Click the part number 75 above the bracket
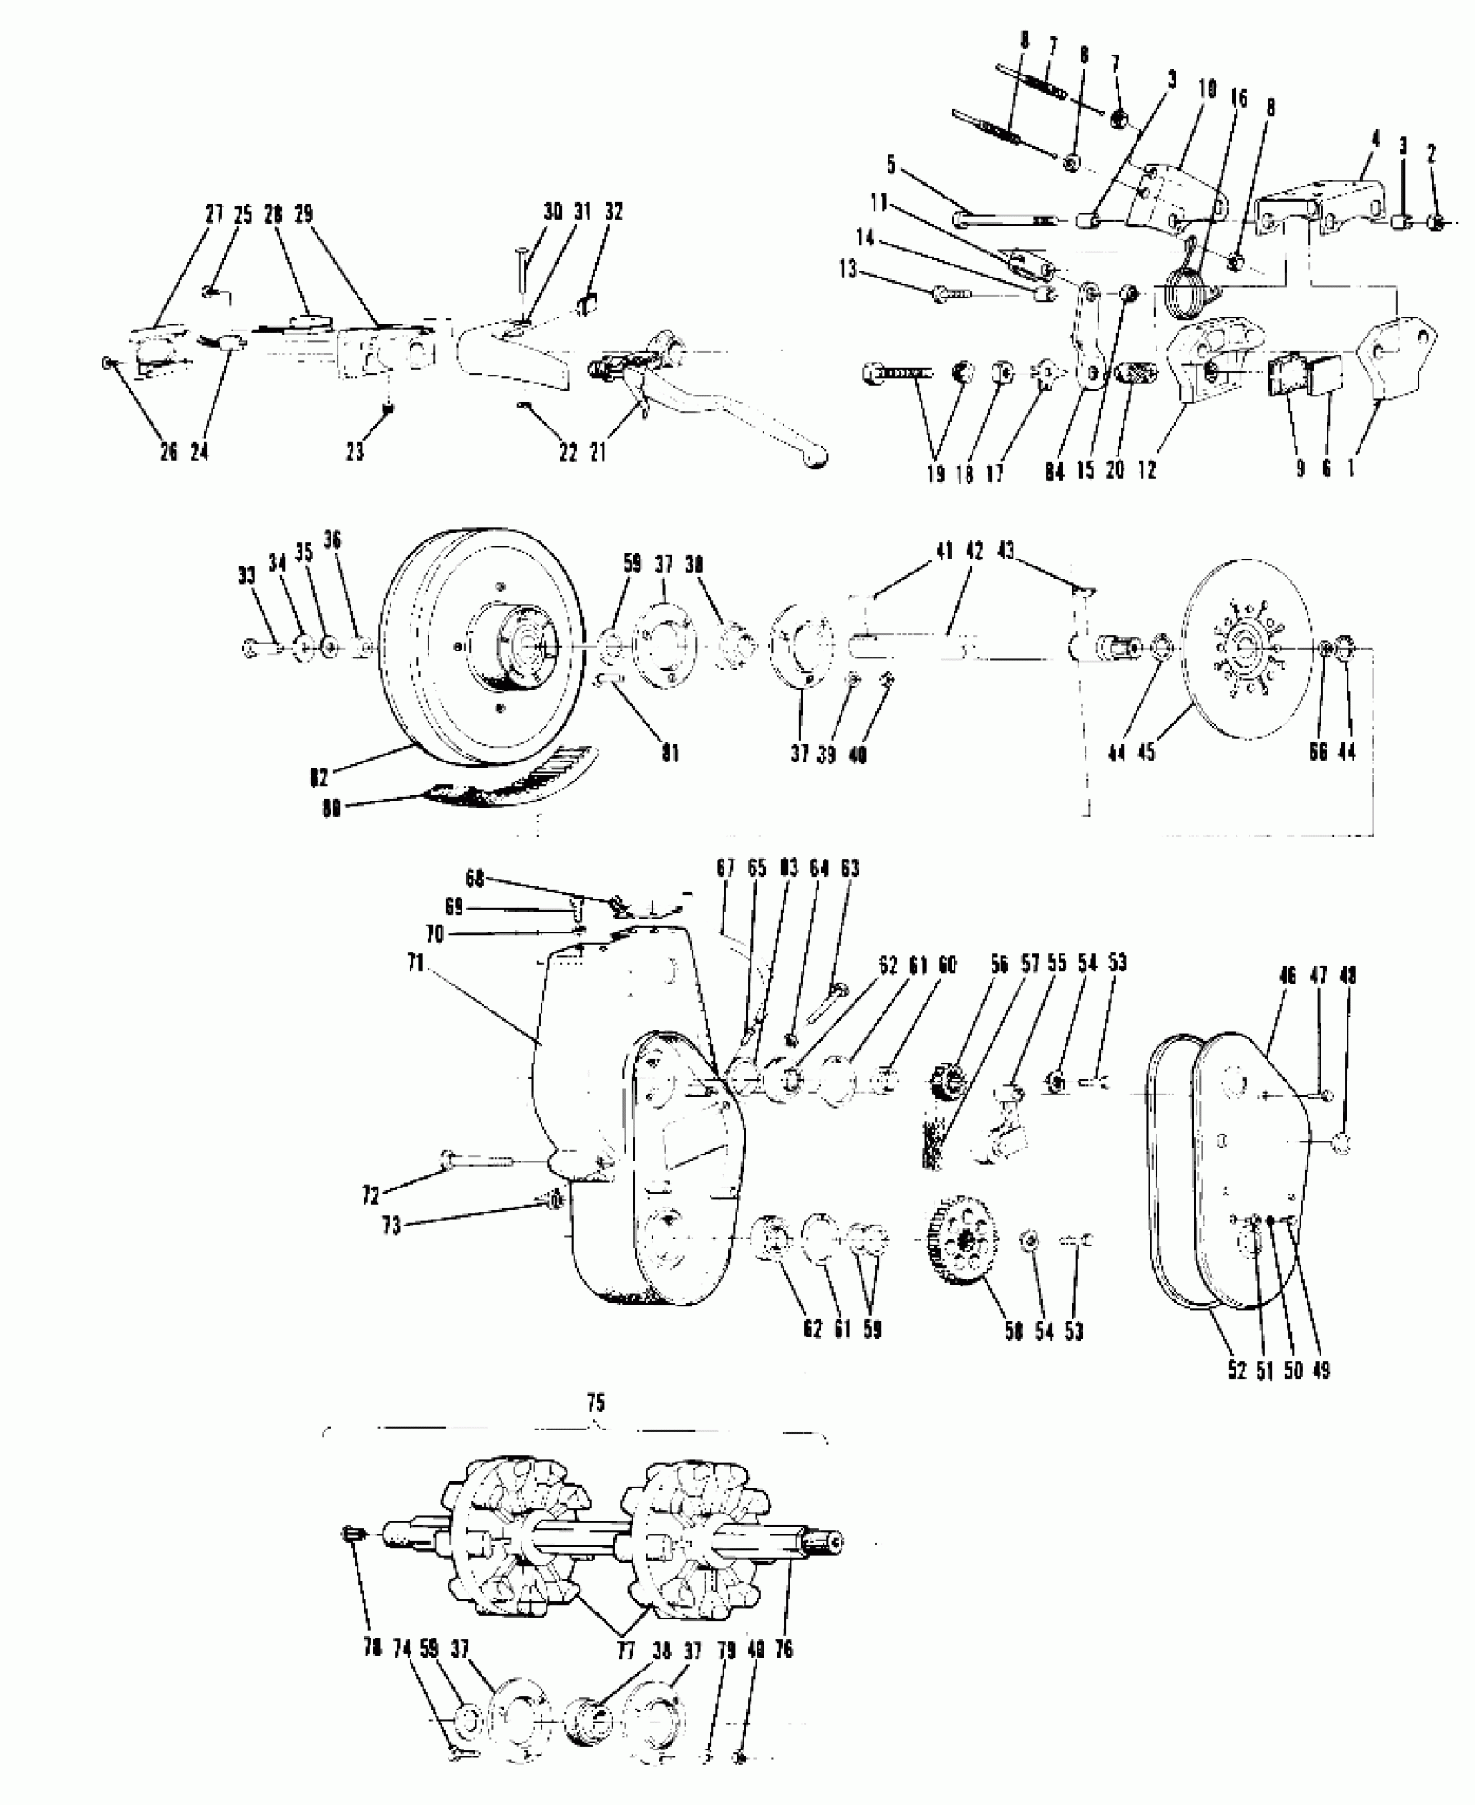pos(596,1402)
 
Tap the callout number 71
pos(416,964)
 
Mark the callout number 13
pos(848,271)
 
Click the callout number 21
pos(598,451)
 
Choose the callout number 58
pos(1014,1355)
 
